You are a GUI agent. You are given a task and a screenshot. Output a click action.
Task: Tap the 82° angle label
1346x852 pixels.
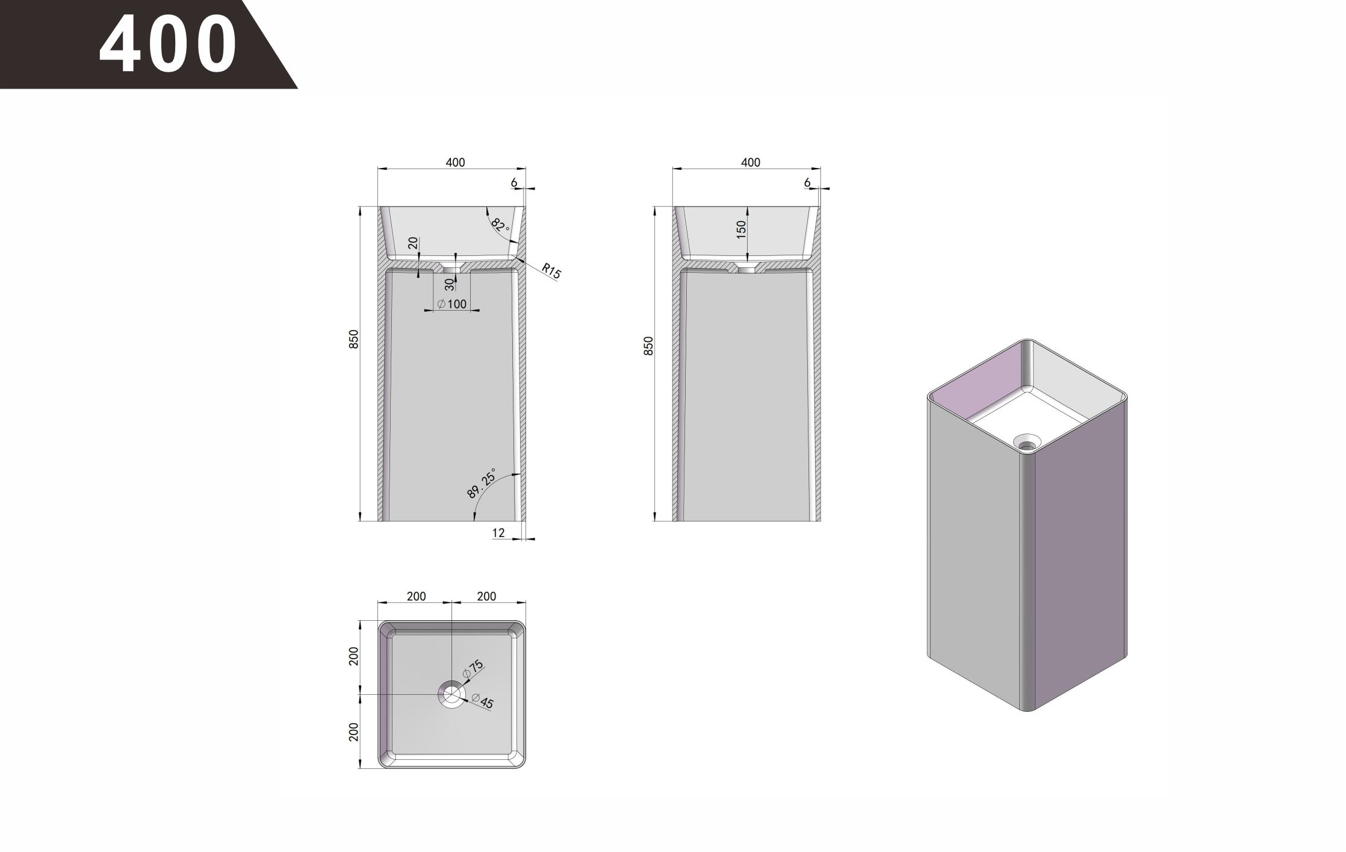pyautogui.click(x=500, y=225)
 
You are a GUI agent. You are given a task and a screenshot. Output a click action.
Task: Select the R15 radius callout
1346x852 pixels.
pyautogui.click(x=551, y=271)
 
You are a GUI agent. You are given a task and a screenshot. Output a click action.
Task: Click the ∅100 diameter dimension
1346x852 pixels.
pyautogui.click(x=452, y=304)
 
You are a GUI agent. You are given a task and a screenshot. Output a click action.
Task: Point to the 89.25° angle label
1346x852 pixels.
pyautogui.click(x=482, y=484)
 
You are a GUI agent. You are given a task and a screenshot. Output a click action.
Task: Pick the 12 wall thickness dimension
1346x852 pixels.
pyautogui.click(x=498, y=533)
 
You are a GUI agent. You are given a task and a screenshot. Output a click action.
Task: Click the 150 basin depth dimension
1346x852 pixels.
pyautogui.click(x=741, y=229)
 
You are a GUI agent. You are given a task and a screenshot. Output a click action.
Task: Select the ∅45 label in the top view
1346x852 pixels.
pyautogui.click(x=483, y=701)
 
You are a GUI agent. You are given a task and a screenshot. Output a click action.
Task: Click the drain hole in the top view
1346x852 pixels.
pyautogui.click(x=451, y=694)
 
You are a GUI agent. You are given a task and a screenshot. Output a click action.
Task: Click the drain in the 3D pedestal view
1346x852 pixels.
pyautogui.click(x=1026, y=445)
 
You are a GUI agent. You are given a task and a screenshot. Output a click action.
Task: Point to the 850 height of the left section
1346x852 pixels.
pyautogui.click(x=354, y=339)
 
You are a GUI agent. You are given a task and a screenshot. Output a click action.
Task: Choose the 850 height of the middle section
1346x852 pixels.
pyautogui.click(x=648, y=346)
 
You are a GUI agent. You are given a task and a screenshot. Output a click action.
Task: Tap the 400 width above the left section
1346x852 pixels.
pyautogui.click(x=455, y=163)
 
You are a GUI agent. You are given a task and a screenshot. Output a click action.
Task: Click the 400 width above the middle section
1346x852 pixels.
pyautogui.click(x=750, y=163)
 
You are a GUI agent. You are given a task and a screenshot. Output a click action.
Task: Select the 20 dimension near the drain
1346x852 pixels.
pyautogui.click(x=413, y=243)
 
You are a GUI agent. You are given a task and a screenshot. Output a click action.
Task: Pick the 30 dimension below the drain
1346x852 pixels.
pyautogui.click(x=450, y=284)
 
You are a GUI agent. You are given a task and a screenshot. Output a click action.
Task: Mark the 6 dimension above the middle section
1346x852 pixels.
pyautogui.click(x=807, y=182)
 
